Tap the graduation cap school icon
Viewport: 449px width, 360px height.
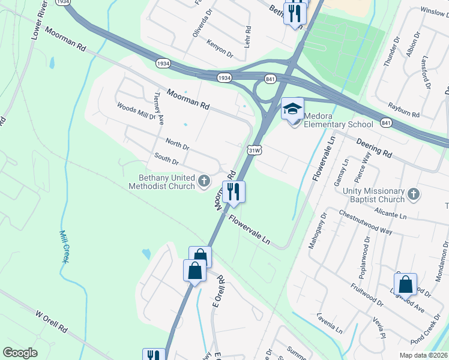[x=292, y=109]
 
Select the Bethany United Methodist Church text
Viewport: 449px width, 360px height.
[x=161, y=182]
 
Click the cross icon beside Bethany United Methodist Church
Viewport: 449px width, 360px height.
[x=204, y=181]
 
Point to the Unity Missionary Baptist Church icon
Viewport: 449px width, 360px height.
[x=413, y=194]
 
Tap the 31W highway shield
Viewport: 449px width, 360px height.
[x=254, y=151]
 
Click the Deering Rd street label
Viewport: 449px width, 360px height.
[x=373, y=150]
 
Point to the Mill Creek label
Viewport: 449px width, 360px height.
[x=62, y=246]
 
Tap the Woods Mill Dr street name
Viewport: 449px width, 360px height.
[x=136, y=112]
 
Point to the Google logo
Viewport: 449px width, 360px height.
[x=20, y=353]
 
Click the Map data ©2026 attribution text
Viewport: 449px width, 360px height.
[x=424, y=355]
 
